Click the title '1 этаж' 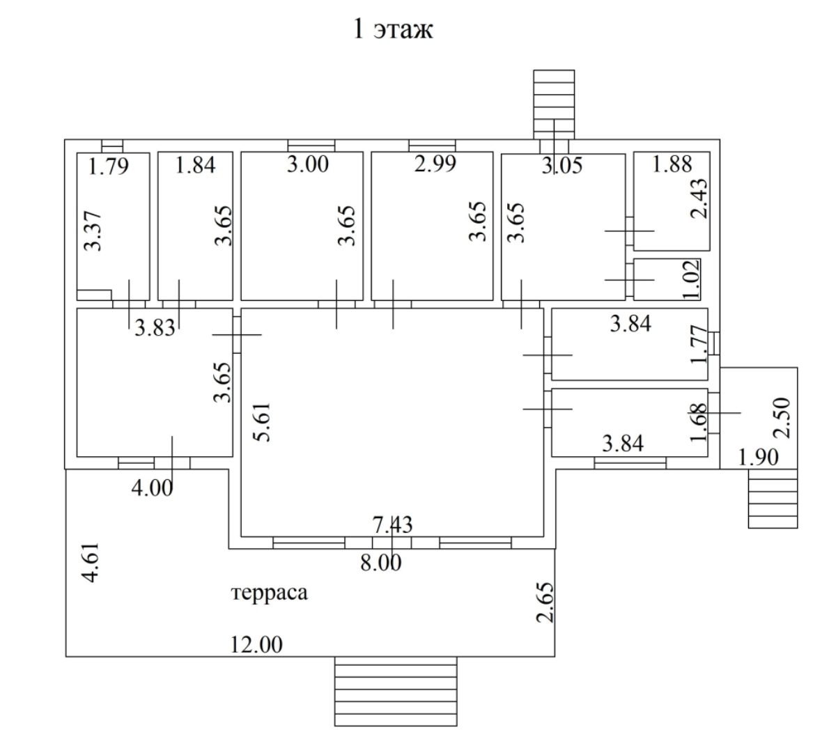coord(392,30)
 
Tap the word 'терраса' coord(268,593)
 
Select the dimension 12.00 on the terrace coord(257,645)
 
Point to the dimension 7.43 coord(392,524)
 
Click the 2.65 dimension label coord(546,604)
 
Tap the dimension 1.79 coord(109,166)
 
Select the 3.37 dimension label coord(95,232)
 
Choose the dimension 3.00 coord(307,165)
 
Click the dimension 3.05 coord(561,166)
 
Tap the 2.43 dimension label coord(699,198)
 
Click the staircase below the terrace coord(396,692)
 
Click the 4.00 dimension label coord(152,488)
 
